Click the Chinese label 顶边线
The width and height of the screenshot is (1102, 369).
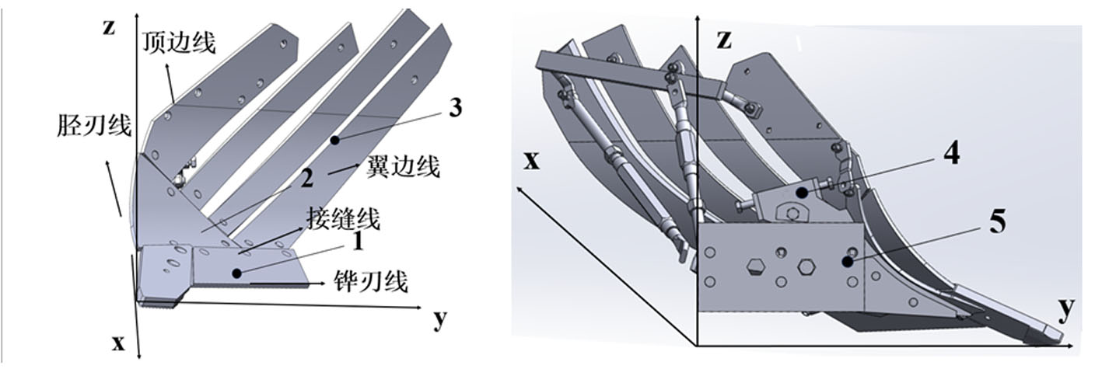(179, 42)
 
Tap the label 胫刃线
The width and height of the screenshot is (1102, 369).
(94, 125)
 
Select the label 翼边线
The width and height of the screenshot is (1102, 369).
(403, 166)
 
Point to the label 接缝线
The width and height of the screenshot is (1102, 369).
(344, 218)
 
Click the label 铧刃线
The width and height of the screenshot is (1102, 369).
(371, 281)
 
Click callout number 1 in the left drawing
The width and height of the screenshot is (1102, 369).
(358, 242)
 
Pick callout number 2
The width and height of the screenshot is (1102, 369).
(307, 179)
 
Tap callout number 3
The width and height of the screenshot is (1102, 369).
(456, 107)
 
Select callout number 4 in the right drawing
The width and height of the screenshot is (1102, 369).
(951, 153)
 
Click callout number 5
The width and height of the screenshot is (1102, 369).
(997, 221)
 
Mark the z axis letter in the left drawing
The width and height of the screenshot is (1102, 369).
(109, 27)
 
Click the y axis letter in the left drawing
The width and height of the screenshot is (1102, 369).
(440, 320)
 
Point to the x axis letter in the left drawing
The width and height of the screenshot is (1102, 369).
(118, 343)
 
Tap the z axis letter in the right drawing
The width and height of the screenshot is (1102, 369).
(724, 40)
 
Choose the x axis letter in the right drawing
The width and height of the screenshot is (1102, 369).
(531, 161)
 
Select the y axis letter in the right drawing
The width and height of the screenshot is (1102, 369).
(1066, 309)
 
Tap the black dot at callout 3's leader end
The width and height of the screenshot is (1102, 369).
(334, 141)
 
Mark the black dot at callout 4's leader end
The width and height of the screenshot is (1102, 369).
(802, 193)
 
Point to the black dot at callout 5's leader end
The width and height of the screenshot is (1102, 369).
(847, 261)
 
